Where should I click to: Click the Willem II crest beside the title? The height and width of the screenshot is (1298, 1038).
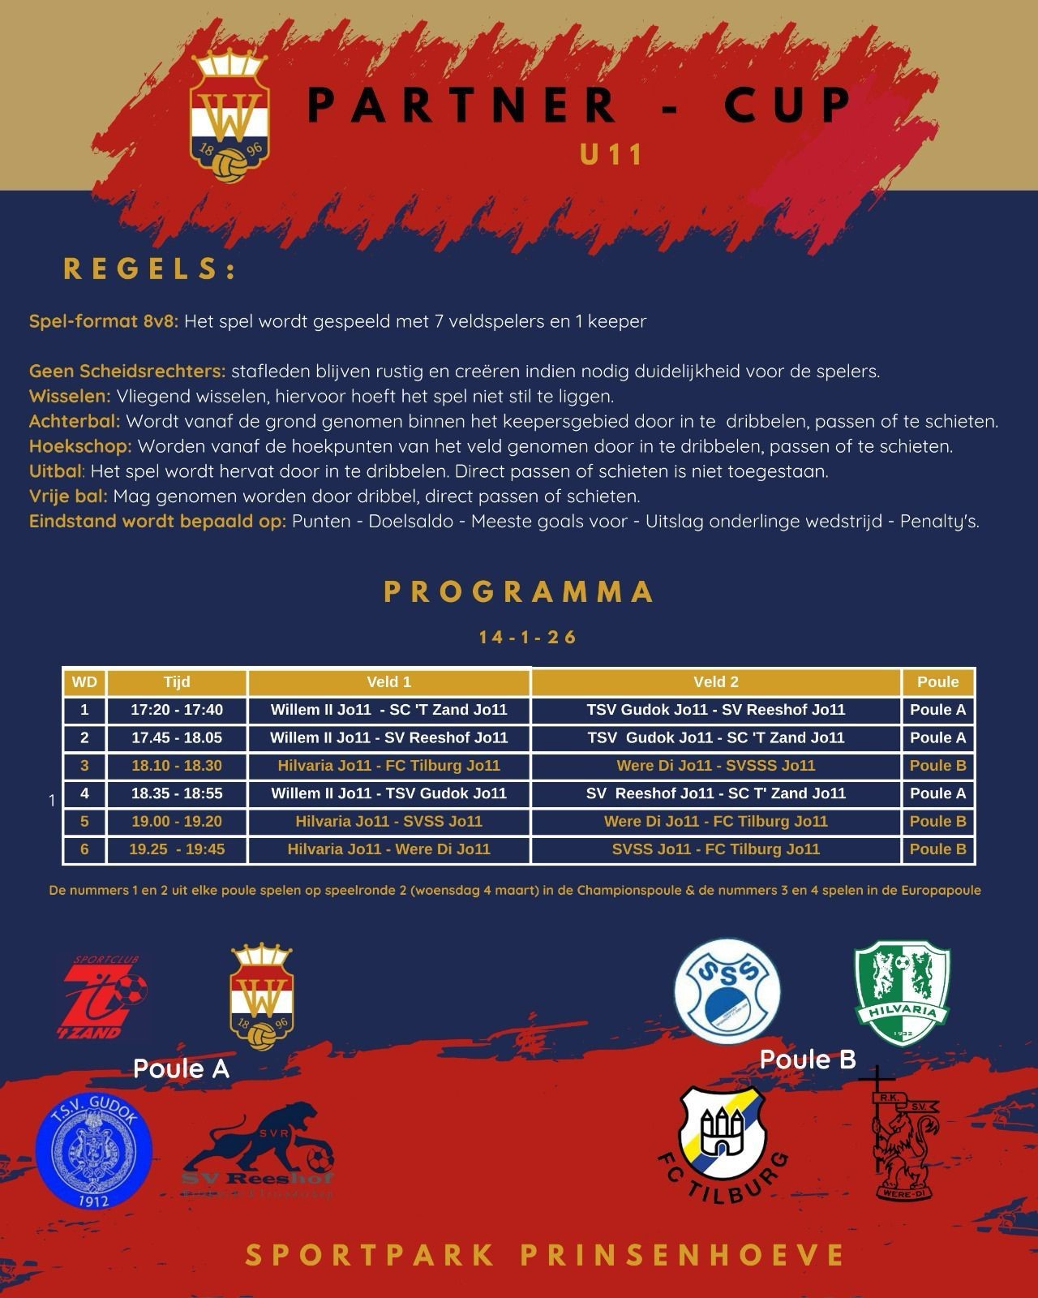[x=229, y=114]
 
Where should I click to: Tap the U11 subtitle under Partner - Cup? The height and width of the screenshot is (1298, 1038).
[x=611, y=154]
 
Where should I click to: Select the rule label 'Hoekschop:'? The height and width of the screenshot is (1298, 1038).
[x=80, y=446]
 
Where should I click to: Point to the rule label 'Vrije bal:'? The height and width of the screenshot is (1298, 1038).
[x=68, y=496]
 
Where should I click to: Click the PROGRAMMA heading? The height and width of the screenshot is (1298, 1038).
[x=519, y=591]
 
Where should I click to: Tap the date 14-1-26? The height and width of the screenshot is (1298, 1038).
[x=528, y=637]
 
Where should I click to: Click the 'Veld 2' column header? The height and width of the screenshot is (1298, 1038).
[x=716, y=682]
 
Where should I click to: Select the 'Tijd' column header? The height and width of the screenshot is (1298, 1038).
[x=177, y=682]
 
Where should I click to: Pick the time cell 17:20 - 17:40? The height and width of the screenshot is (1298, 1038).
[x=177, y=710]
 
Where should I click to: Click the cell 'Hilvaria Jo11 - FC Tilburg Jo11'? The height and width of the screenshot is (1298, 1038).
[x=389, y=766]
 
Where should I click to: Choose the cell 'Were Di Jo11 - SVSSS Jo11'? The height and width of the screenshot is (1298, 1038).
[x=716, y=766]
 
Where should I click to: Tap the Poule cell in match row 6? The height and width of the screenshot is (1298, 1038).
[x=938, y=849]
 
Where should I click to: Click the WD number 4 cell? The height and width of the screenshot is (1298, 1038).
[x=84, y=793]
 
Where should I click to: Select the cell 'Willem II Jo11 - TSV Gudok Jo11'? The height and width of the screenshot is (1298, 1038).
[x=389, y=793]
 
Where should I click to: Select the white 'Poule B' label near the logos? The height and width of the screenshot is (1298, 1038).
[x=808, y=1059]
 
